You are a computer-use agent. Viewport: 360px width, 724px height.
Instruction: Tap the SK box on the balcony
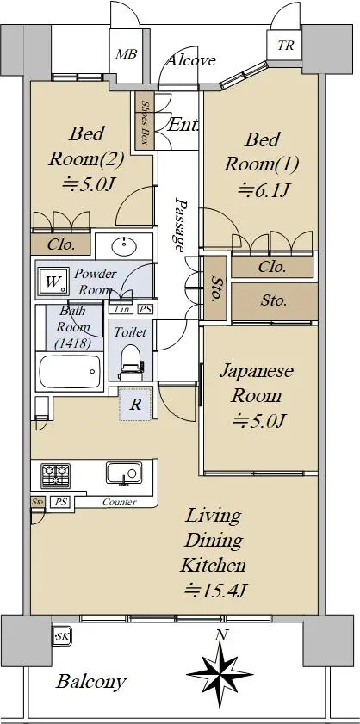point(61,637)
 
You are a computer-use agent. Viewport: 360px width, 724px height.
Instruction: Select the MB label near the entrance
point(126,54)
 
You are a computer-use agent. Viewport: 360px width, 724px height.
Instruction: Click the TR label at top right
point(285,46)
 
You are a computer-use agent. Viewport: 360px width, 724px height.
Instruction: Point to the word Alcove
point(190,60)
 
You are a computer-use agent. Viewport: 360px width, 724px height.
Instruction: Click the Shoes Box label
point(145,121)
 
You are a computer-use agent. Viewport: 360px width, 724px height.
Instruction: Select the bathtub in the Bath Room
point(70,372)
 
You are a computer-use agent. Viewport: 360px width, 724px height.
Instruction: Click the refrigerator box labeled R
point(135,404)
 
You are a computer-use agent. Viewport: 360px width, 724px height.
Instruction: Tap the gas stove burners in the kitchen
point(55,475)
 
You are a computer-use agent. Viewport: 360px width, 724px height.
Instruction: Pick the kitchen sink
point(124,473)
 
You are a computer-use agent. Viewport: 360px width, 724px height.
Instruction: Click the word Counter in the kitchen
point(119,503)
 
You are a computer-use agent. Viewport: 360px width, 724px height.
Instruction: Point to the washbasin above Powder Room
point(124,244)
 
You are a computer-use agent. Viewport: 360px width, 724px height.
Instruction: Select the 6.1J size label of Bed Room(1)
point(263,189)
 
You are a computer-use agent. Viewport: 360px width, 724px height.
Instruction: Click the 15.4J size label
point(214,590)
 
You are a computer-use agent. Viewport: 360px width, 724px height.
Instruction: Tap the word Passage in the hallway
point(180,224)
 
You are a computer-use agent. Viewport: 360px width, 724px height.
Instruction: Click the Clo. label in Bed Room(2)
point(61,244)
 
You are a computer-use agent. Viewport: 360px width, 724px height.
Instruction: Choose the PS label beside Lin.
point(145,309)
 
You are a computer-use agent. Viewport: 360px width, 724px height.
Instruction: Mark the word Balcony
point(90,682)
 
